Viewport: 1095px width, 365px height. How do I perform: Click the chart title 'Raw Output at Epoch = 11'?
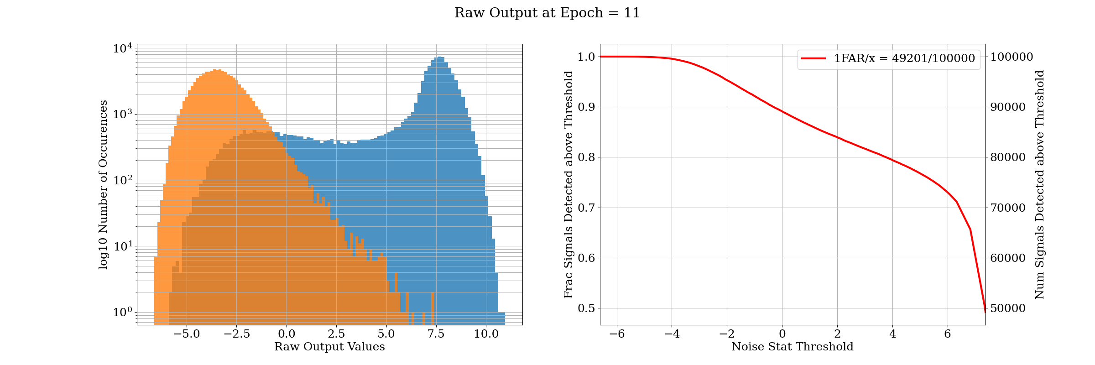547,13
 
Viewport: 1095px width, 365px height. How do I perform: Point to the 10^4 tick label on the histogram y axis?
123,48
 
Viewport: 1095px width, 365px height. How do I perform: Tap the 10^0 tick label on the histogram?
123,313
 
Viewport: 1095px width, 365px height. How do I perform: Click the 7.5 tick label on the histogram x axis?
436,334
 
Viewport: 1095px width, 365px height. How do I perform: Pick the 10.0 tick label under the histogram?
486,334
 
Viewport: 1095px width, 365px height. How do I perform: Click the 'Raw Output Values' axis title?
329,347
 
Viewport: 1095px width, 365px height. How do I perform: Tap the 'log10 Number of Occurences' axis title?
104,185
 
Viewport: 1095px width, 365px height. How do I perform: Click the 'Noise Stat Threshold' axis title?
792,347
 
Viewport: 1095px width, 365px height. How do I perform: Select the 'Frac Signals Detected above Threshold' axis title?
568,185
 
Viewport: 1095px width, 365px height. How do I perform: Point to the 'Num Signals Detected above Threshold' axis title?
1039,185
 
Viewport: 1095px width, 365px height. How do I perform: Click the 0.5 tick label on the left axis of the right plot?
586,308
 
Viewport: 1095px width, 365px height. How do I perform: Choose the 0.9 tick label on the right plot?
586,107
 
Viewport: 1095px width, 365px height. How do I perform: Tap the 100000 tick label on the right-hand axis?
1011,57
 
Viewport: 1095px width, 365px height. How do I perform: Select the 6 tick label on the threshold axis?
948,334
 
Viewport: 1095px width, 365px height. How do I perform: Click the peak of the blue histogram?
439,57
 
